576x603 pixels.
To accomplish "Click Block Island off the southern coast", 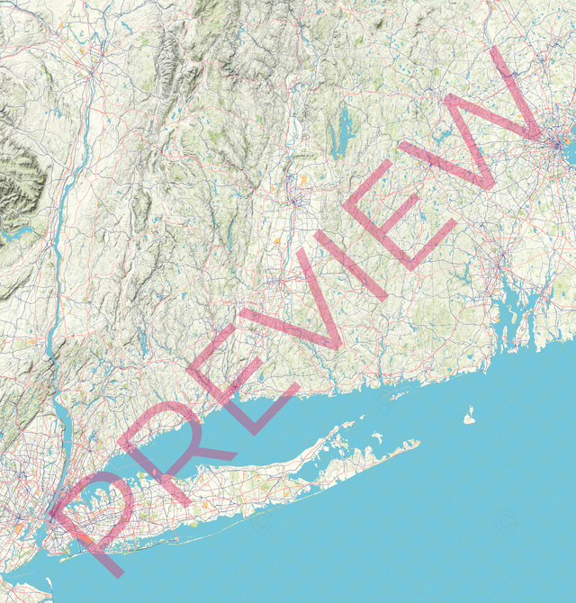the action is click(x=468, y=418).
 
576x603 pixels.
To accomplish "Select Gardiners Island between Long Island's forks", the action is click(x=376, y=437).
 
